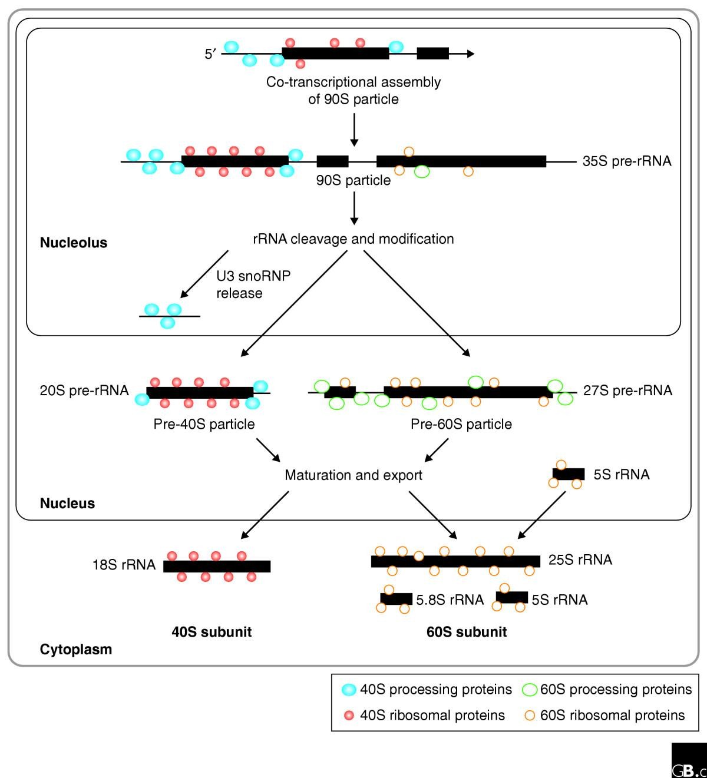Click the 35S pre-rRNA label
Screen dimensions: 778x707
(x=627, y=161)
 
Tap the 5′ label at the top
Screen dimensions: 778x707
(x=211, y=54)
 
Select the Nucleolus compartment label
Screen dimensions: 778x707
(x=74, y=243)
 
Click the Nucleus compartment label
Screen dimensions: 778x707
(x=67, y=504)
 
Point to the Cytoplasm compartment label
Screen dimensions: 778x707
(x=75, y=650)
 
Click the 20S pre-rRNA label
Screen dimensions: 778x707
(x=84, y=390)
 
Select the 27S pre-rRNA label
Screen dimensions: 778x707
(x=627, y=390)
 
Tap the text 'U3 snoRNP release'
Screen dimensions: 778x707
(x=253, y=284)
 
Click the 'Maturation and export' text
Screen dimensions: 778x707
(x=353, y=475)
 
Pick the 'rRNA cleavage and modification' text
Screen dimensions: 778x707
(x=353, y=239)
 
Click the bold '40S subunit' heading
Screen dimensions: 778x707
(x=212, y=632)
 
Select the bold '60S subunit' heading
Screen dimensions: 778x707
(x=467, y=632)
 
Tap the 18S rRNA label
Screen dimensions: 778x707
(x=124, y=565)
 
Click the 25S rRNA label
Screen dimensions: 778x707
(x=580, y=560)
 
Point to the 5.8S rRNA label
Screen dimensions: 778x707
(x=450, y=600)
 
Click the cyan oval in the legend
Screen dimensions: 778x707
(x=349, y=689)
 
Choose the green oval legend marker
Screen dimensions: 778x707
(x=530, y=689)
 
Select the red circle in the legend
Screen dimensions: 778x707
(x=349, y=716)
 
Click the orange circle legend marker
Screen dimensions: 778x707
(x=530, y=716)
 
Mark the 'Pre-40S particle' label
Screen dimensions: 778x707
(x=204, y=424)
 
